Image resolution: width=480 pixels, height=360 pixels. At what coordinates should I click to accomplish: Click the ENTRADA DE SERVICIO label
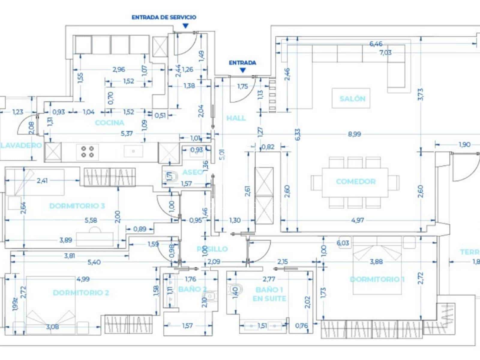164,17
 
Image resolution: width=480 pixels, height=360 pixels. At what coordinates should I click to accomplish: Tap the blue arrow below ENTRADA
243,70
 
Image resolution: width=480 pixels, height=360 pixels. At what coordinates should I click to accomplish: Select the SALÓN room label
352,98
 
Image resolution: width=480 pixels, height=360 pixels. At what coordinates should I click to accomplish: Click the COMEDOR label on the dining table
355,181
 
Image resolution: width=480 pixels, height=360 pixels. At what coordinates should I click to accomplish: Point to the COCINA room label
109,122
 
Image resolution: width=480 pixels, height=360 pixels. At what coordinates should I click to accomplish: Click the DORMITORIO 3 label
77,206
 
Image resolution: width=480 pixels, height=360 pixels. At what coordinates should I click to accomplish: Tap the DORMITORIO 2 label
81,292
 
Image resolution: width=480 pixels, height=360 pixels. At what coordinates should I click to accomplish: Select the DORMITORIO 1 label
377,279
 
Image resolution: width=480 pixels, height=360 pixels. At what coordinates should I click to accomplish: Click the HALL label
236,118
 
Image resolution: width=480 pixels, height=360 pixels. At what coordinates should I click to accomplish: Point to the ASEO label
193,172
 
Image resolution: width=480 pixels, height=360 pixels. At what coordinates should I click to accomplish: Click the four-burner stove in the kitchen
87,152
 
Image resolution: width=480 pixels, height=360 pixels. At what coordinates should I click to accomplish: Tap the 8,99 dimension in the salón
354,134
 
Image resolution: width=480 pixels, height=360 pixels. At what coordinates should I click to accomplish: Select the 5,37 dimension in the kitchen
127,133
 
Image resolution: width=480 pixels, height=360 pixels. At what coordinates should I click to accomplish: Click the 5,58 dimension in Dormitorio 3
91,220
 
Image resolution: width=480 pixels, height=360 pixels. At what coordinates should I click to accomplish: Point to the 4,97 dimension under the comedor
357,220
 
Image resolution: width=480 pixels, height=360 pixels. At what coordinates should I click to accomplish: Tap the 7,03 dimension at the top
385,52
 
